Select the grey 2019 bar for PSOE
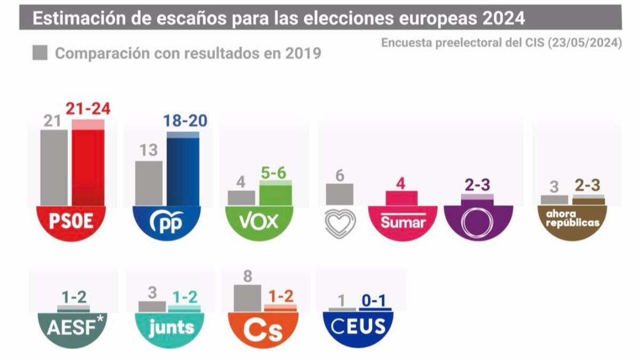(x=54, y=167)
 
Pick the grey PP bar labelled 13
(x=149, y=183)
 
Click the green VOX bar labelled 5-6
(x=276, y=193)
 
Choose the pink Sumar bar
(x=402, y=198)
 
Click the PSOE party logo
(x=71, y=222)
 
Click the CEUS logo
(x=358, y=327)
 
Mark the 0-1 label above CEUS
(x=374, y=301)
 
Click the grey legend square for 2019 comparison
(x=40, y=53)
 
